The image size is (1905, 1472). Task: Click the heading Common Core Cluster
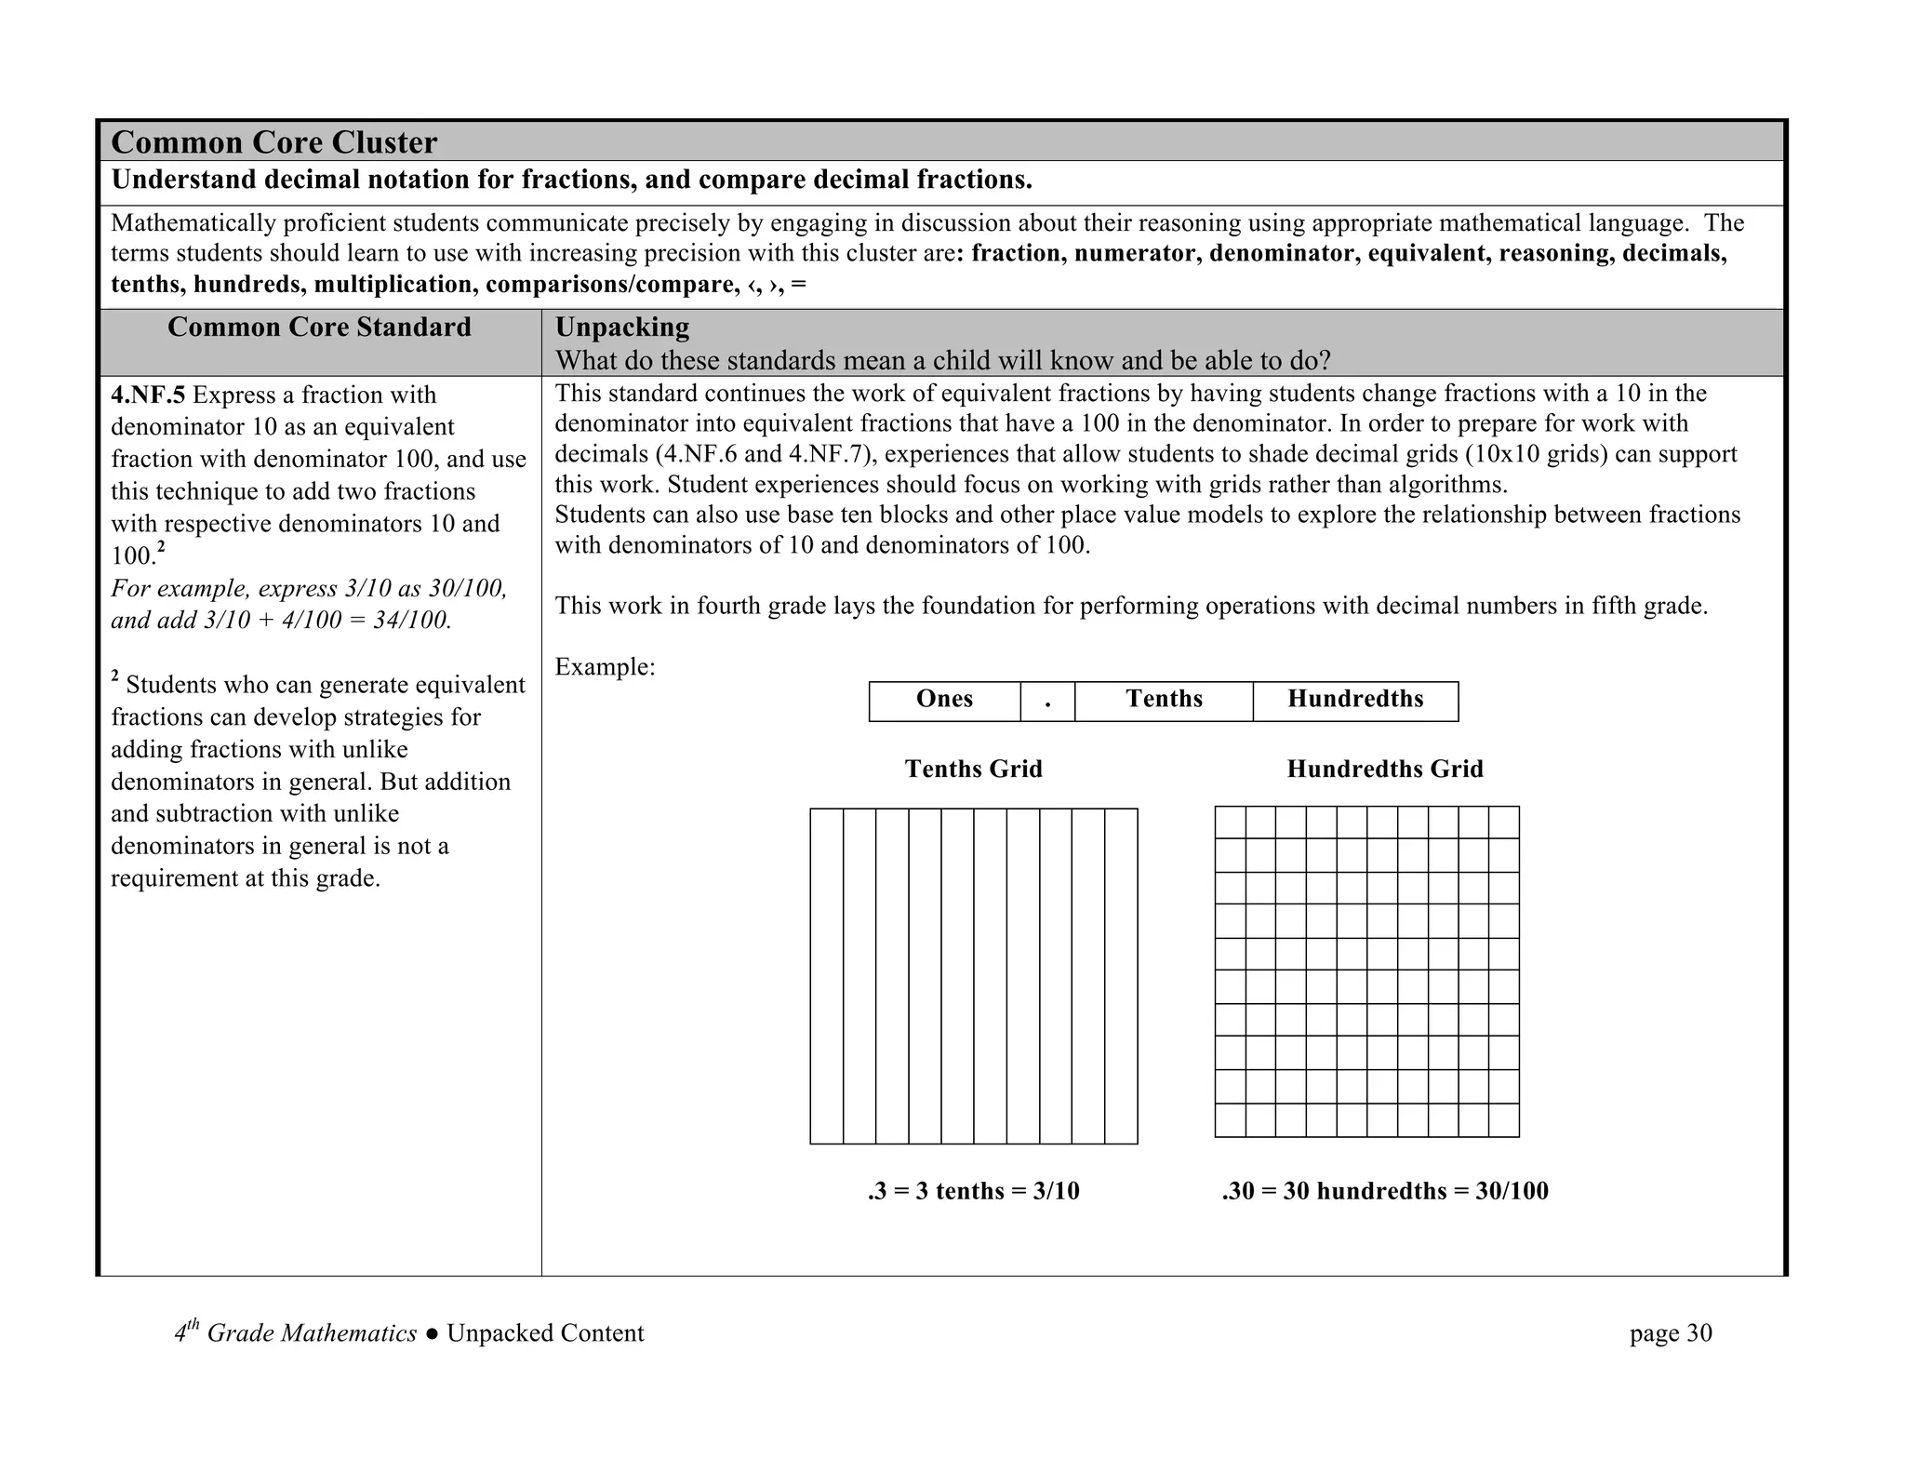pyautogui.click(x=273, y=142)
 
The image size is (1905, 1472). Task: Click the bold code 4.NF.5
pyautogui.click(x=148, y=395)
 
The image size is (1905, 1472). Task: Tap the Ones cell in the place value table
pyautogui.click(x=944, y=700)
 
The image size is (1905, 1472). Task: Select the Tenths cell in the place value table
pyautogui.click(x=1164, y=700)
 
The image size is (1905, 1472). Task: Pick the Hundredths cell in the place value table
pyautogui.click(x=1355, y=700)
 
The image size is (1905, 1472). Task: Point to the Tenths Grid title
pyautogui.click(x=973, y=769)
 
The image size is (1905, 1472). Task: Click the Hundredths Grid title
pyautogui.click(x=1384, y=769)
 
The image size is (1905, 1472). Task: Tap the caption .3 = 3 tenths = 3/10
pyautogui.click(x=973, y=1192)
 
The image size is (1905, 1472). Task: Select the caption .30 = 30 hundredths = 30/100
pyautogui.click(x=1384, y=1192)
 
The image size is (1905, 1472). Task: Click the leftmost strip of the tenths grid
pyautogui.click(x=827, y=976)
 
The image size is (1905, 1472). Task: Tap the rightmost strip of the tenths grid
pyautogui.click(x=1121, y=976)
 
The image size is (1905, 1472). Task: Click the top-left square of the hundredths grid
pyautogui.click(x=1231, y=823)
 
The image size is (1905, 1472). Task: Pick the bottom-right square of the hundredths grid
pyautogui.click(x=1503, y=1120)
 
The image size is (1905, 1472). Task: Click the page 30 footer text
pyautogui.click(x=1670, y=1334)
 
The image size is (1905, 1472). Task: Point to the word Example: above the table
pyautogui.click(x=605, y=667)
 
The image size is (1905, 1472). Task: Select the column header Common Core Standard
pyautogui.click(x=319, y=328)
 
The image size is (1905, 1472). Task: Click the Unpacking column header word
pyautogui.click(x=621, y=328)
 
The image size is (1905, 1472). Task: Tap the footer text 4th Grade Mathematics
pyautogui.click(x=296, y=1333)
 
